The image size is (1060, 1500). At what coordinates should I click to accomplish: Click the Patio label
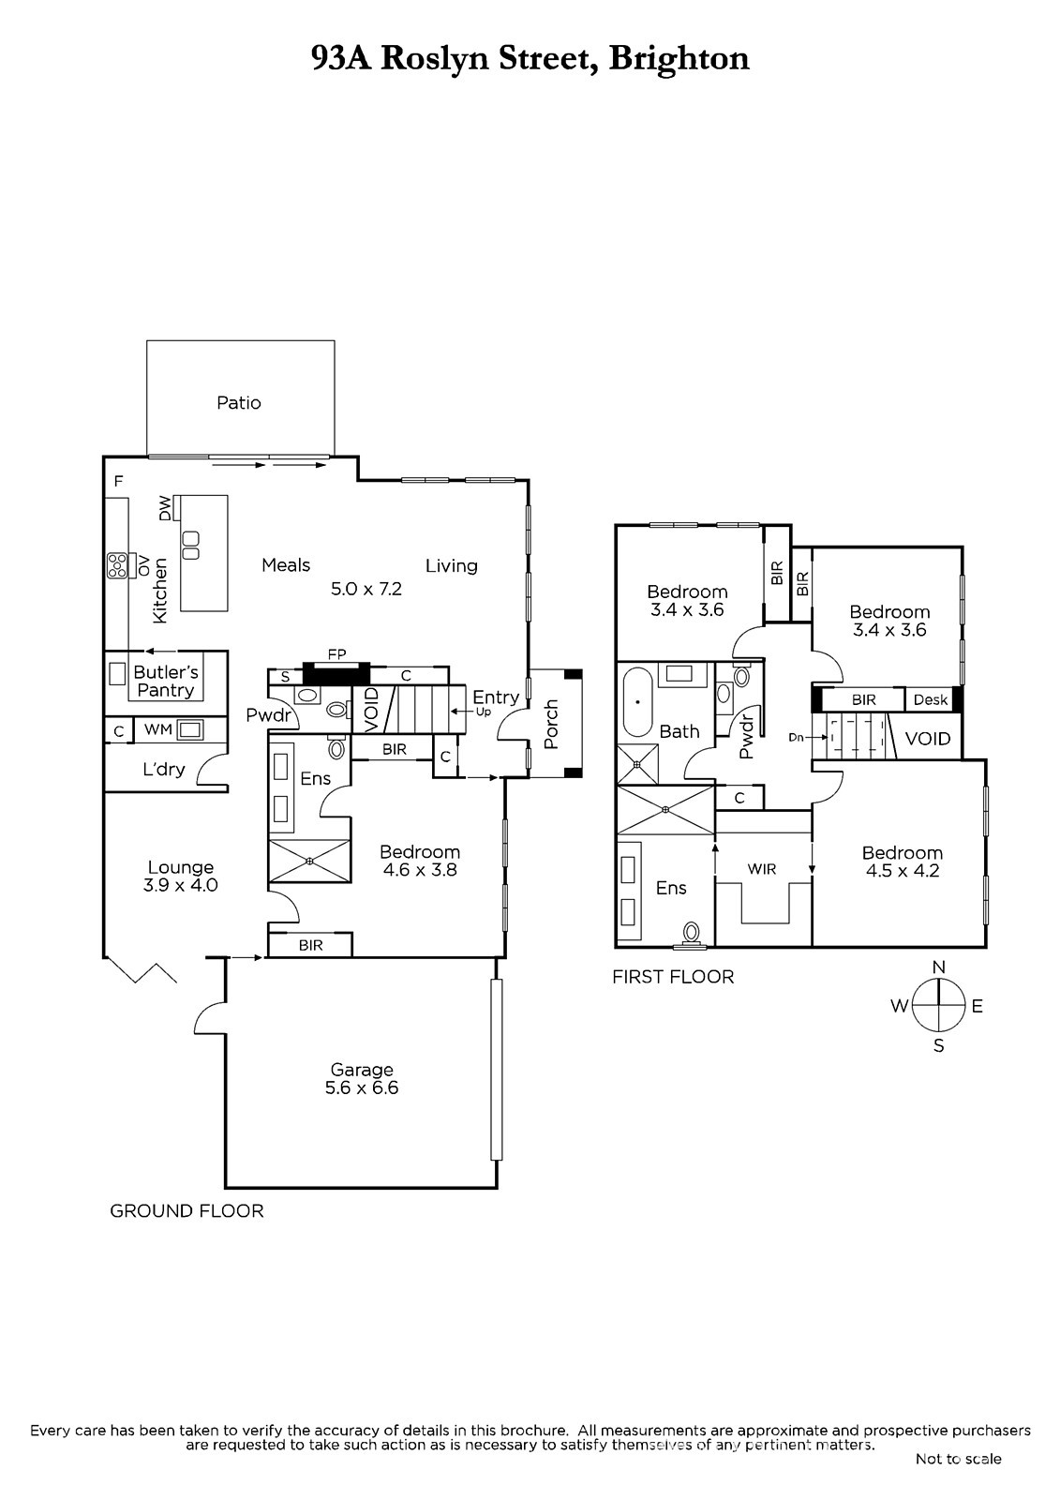(238, 402)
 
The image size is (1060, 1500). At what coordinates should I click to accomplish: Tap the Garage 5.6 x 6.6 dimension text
(362, 1087)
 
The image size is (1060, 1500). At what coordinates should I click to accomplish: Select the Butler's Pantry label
(165, 681)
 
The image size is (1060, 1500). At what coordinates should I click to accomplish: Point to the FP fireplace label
(336, 654)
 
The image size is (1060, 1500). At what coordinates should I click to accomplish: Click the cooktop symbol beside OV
(117, 566)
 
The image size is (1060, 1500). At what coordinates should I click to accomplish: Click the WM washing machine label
(158, 729)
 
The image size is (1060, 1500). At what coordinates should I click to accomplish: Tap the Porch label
(551, 724)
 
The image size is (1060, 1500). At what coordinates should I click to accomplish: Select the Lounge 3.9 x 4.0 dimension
(180, 885)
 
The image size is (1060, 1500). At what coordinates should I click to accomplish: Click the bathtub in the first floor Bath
(637, 702)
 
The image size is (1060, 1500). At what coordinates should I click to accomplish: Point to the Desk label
(930, 699)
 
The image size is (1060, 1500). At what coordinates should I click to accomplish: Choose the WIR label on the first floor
(762, 869)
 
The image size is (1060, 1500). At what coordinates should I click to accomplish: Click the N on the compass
(939, 967)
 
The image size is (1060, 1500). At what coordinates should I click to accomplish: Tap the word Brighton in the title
(679, 58)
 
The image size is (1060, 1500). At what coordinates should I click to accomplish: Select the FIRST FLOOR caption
(673, 977)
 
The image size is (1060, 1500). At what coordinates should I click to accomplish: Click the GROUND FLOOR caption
(187, 1210)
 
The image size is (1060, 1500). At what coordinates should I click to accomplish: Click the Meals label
(286, 565)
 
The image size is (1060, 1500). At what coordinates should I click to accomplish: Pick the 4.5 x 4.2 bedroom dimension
(903, 871)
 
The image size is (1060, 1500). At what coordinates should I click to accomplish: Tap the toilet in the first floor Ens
(691, 934)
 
